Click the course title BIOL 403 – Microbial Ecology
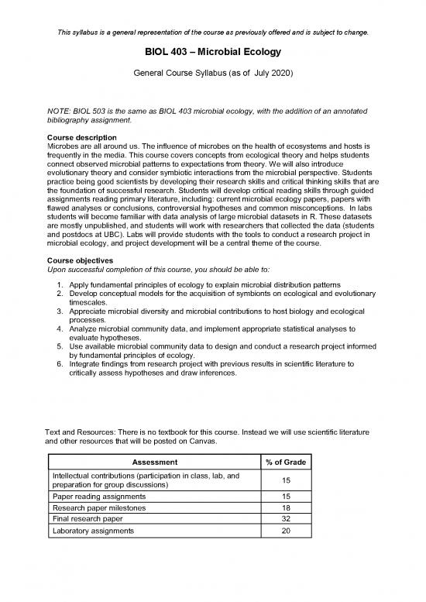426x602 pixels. [x=212, y=53]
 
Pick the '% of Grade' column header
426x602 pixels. [x=286, y=462]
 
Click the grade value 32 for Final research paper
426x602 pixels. [x=286, y=519]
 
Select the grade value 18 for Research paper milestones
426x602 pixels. [x=286, y=507]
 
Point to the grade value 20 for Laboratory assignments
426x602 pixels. [x=286, y=531]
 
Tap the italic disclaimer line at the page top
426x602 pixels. [x=212, y=33]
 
